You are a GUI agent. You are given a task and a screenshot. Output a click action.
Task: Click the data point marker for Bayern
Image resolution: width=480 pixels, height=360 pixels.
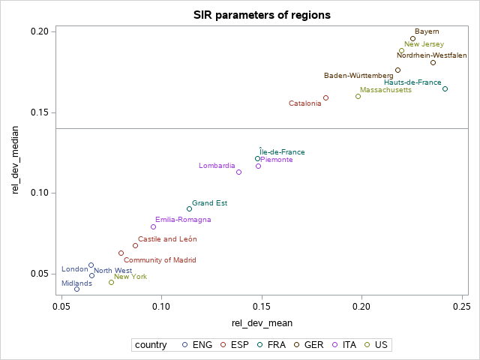[x=412, y=38]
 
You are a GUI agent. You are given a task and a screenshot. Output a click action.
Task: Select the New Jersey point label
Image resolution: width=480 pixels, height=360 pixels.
[x=424, y=44]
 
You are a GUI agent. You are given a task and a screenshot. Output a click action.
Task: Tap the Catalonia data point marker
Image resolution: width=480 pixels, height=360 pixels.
[x=325, y=97]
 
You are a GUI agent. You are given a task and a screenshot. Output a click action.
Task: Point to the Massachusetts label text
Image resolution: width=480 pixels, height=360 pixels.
[x=385, y=90]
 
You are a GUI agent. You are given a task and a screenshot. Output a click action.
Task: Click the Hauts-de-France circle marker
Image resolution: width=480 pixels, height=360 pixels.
[x=445, y=88]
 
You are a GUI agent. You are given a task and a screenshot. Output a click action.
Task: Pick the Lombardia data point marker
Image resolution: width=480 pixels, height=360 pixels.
[x=238, y=172]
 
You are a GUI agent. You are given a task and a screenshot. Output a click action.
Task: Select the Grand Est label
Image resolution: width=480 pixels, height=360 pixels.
[x=209, y=202]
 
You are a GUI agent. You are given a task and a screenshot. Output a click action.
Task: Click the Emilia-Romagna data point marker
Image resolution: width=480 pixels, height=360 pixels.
[x=153, y=226]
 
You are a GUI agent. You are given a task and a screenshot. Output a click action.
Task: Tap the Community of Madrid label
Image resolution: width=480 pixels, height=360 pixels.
[x=160, y=260]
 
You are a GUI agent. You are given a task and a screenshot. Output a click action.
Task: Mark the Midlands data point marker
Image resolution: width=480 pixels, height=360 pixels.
[x=76, y=289]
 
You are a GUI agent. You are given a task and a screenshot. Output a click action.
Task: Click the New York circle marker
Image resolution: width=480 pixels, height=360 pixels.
[x=111, y=282]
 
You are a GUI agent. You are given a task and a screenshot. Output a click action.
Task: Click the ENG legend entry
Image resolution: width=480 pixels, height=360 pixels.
[x=197, y=345]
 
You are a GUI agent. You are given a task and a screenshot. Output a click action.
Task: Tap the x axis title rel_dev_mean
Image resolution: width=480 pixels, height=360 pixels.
[x=262, y=323]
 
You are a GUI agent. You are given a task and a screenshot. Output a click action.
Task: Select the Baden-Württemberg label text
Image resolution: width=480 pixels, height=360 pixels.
[x=358, y=76]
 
